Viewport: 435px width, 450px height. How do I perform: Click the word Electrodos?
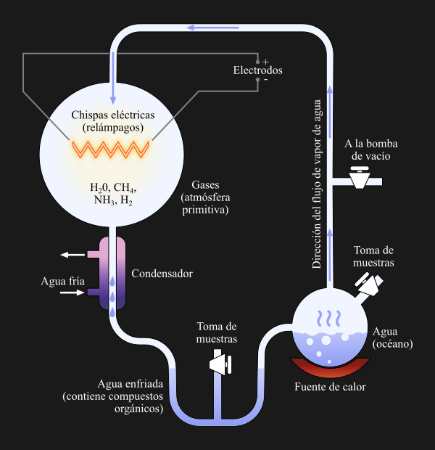point(257,70)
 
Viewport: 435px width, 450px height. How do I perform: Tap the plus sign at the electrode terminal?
point(265,61)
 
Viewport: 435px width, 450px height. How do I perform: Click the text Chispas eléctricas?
point(112,115)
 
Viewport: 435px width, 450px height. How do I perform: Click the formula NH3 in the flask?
point(101,200)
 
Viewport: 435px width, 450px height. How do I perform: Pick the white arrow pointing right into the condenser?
point(72,292)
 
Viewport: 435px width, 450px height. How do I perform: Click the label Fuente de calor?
point(330,387)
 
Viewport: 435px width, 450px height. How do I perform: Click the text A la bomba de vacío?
point(370,150)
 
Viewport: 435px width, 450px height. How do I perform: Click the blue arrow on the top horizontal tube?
point(213,28)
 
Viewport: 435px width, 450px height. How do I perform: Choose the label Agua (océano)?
point(392,337)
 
